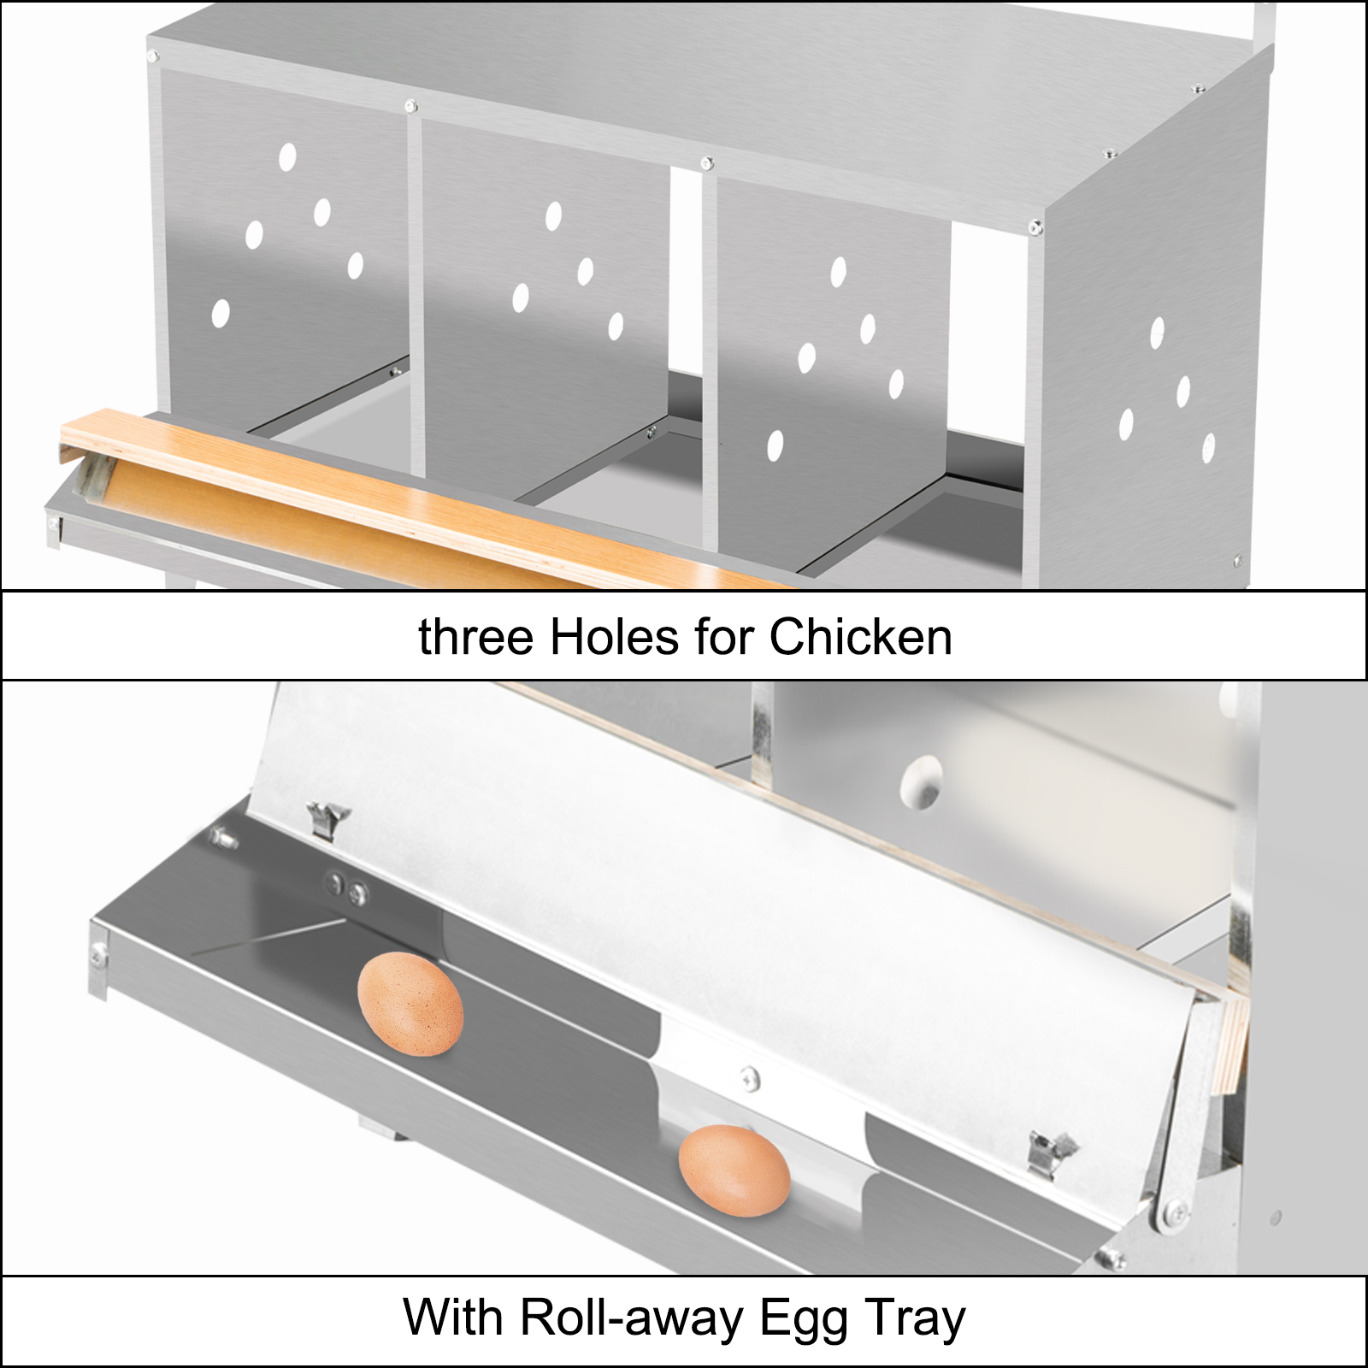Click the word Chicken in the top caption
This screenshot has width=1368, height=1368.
tap(860, 638)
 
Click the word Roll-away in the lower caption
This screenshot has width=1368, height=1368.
tap(633, 1318)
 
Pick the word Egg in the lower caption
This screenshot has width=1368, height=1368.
tap(804, 1318)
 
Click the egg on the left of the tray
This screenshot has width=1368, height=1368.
tap(410, 1005)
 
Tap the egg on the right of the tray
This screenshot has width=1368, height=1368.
tap(734, 1170)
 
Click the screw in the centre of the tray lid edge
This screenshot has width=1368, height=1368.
tap(750, 1079)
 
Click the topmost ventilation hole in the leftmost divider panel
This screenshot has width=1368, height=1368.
tap(287, 156)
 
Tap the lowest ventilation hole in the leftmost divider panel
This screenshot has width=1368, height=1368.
tap(221, 314)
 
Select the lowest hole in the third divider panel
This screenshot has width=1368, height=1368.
tap(775, 445)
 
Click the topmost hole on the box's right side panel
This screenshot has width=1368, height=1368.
tap(1157, 333)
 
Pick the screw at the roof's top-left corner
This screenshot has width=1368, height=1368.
tap(153, 56)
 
